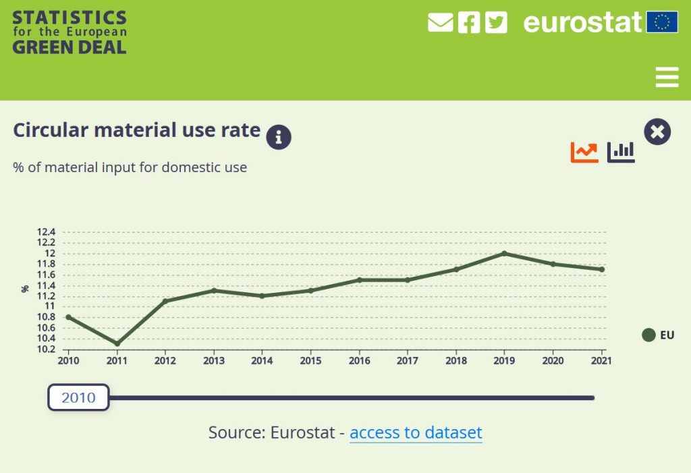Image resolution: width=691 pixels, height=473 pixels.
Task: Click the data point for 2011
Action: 117,343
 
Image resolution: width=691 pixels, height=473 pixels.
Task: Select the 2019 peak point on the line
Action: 504,254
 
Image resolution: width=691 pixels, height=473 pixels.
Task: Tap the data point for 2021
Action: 601,269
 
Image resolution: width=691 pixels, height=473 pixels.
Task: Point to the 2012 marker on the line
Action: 165,301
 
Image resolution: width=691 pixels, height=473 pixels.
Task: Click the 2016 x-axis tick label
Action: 359,361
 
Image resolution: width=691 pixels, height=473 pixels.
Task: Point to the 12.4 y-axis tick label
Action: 46,232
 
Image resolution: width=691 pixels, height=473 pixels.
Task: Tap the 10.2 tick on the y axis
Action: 46,349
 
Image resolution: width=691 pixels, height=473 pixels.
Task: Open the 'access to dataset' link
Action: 416,432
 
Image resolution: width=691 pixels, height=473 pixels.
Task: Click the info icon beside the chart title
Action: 279,137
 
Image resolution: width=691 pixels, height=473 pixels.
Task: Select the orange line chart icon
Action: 584,152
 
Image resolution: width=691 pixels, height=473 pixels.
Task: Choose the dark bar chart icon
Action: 621,152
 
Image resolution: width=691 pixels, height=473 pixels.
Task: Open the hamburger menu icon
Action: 667,77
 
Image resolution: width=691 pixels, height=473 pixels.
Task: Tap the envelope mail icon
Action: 440,22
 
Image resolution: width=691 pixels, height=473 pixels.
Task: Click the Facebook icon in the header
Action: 469,22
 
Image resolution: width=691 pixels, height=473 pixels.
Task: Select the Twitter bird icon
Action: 496,22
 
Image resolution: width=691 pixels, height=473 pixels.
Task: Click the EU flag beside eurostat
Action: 662,22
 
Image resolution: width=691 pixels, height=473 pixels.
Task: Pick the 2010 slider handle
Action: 78,397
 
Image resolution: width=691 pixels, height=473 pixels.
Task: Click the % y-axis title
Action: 25,289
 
